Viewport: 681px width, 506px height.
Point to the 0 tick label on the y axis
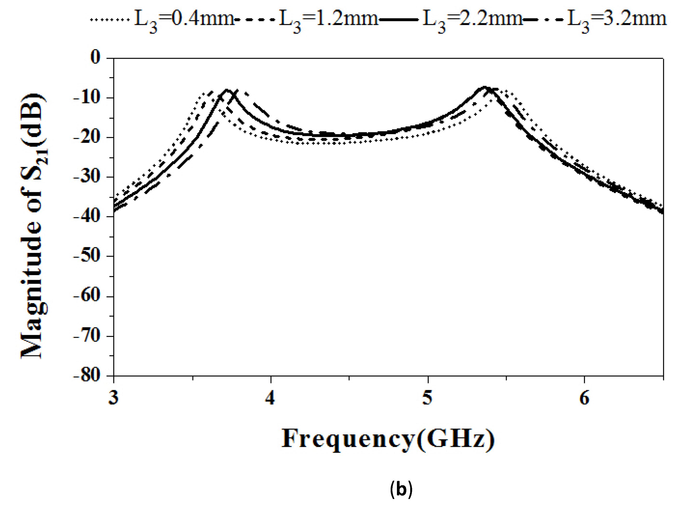pyautogui.click(x=95, y=58)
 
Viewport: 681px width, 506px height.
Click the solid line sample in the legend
pyautogui.click(x=399, y=20)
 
